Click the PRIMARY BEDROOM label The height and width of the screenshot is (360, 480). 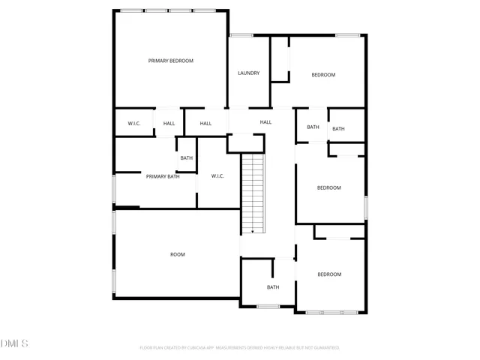click(170, 61)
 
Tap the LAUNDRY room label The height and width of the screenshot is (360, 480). click(248, 73)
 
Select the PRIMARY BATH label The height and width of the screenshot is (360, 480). click(163, 176)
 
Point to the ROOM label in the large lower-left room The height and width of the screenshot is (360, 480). click(177, 254)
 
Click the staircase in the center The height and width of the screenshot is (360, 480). click(253, 191)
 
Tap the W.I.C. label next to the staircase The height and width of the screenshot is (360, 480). click(217, 176)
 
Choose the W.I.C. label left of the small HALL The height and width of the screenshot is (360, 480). click(134, 123)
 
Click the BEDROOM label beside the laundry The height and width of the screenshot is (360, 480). click(323, 75)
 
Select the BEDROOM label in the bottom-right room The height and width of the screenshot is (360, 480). click(328, 274)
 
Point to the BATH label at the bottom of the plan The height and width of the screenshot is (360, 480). click(273, 287)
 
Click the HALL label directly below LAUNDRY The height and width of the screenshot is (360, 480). click(265, 122)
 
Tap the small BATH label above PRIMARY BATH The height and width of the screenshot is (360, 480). click(186, 157)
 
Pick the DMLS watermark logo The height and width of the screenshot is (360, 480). click(14, 344)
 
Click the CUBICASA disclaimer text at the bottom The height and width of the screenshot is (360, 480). click(239, 348)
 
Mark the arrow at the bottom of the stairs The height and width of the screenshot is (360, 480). click(253, 232)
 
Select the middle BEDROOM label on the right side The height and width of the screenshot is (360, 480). click(328, 187)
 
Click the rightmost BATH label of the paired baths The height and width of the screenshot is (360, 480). click(338, 129)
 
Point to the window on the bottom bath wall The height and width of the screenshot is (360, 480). click(268, 306)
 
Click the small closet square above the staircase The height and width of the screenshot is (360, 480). click(246, 142)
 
